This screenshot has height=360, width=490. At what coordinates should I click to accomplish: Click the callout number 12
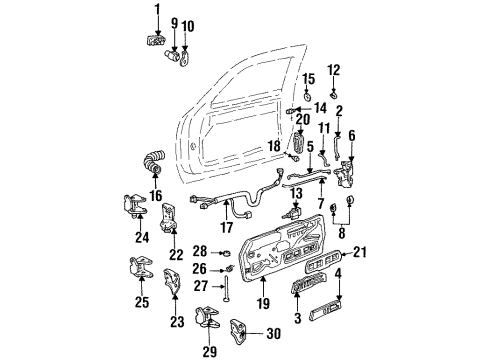coord(361,69)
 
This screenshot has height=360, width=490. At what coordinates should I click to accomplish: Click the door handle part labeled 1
coord(154,39)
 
